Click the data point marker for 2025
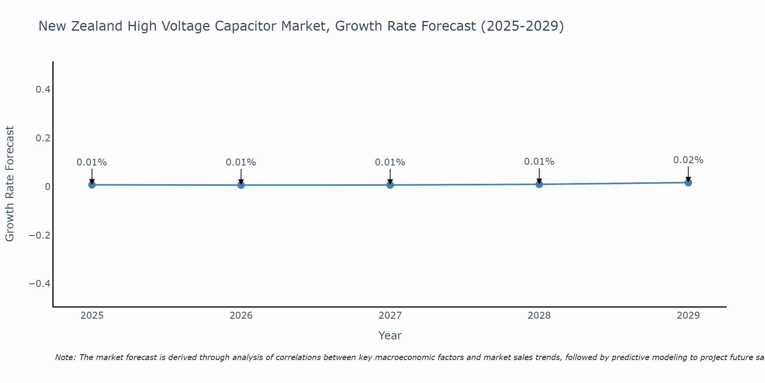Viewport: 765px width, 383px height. pyautogui.click(x=92, y=185)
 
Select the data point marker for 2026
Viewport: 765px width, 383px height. pyautogui.click(x=241, y=185)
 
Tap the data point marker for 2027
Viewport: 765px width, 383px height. pyautogui.click(x=390, y=185)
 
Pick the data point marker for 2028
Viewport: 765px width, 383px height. pyautogui.click(x=539, y=184)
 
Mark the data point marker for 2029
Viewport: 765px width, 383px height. pyautogui.click(x=688, y=183)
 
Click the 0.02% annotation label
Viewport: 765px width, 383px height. pyautogui.click(x=688, y=160)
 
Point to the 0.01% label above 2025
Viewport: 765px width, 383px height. pyautogui.click(x=92, y=162)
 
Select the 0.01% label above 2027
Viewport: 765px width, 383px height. pyautogui.click(x=390, y=162)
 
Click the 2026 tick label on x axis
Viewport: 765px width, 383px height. pyautogui.click(x=241, y=316)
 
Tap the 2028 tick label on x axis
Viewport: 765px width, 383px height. pyautogui.click(x=539, y=316)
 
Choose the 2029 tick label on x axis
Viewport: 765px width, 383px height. pyautogui.click(x=688, y=316)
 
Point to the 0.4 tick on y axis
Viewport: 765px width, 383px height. pyautogui.click(x=43, y=90)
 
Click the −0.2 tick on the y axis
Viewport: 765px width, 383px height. pyautogui.click(x=40, y=235)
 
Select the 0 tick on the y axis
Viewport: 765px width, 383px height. pyautogui.click(x=47, y=187)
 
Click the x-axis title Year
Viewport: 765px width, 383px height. pyautogui.click(x=390, y=336)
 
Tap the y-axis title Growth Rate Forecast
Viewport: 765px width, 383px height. pyautogui.click(x=10, y=184)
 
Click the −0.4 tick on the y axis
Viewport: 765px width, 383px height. pyautogui.click(x=40, y=284)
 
